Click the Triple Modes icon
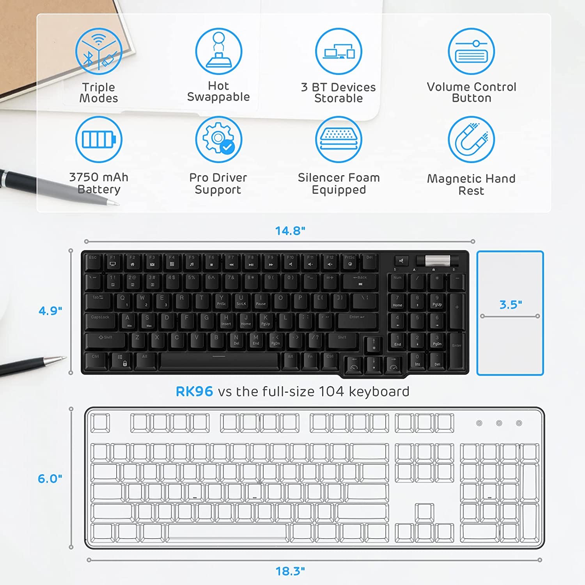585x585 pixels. (x=99, y=51)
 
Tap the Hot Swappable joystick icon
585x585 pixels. (x=218, y=51)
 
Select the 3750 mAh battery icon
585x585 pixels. (x=99, y=139)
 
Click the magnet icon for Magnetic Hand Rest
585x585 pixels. (x=471, y=139)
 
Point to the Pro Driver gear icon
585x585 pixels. (x=218, y=139)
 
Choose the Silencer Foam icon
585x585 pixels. (x=339, y=139)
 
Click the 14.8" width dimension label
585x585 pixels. (x=290, y=230)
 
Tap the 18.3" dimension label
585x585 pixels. (x=290, y=571)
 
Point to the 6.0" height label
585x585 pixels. (x=50, y=479)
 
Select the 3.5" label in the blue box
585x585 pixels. (x=511, y=305)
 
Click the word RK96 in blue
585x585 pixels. (x=194, y=391)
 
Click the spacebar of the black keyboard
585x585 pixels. (x=219, y=360)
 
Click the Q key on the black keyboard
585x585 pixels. (x=123, y=301)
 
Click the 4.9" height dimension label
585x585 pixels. (x=50, y=311)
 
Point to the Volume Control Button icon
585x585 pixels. (x=471, y=51)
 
